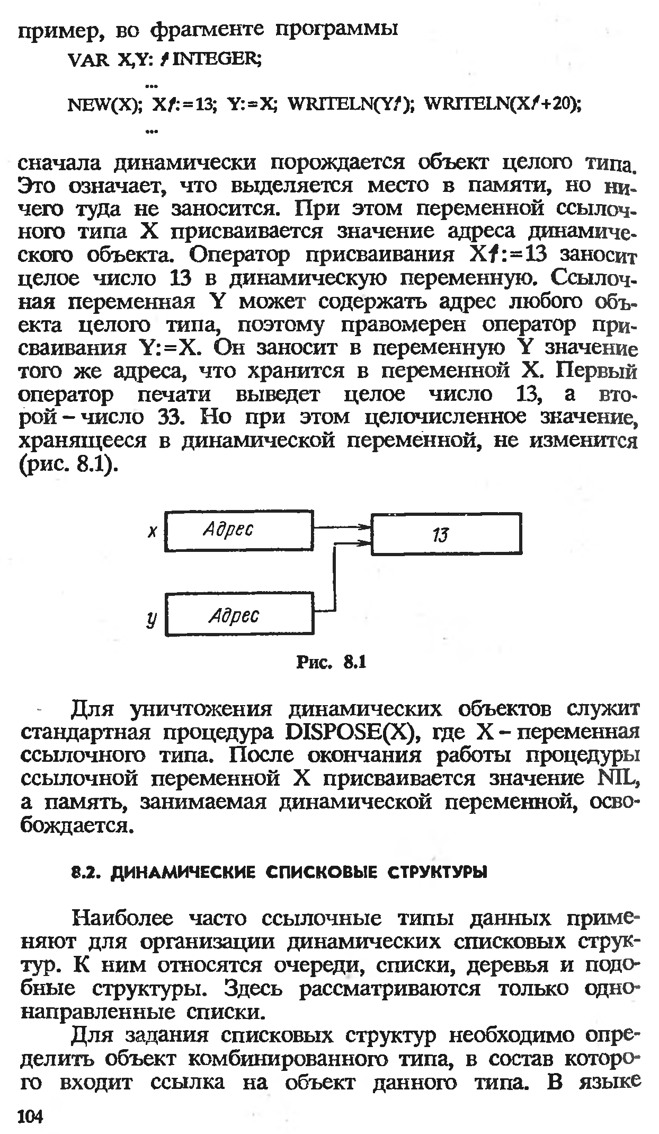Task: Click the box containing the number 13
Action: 446,534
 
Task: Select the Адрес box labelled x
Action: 239,530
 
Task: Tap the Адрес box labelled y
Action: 240,615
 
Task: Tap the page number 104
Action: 30,1115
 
